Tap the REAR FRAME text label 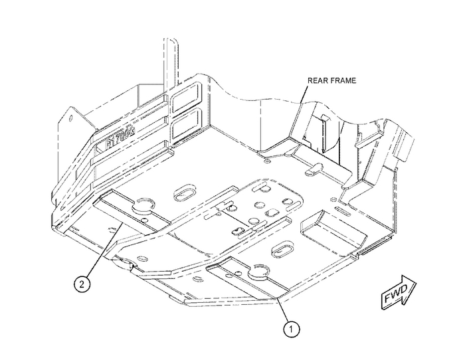(331, 80)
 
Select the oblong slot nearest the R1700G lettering (183, 195)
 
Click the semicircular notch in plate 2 (142, 203)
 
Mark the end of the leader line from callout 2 (119, 226)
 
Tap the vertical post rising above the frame (170, 60)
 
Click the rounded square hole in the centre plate (271, 214)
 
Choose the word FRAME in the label (343, 80)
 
